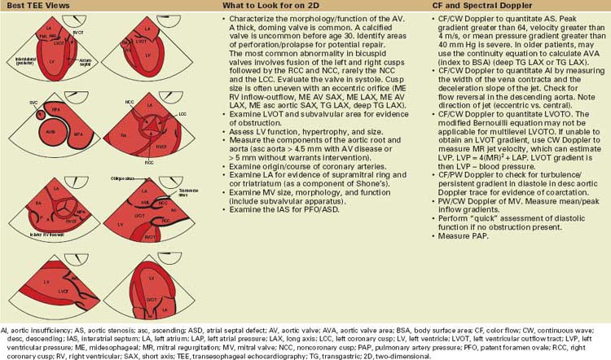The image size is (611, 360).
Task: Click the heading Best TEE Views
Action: tap(35, 5)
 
